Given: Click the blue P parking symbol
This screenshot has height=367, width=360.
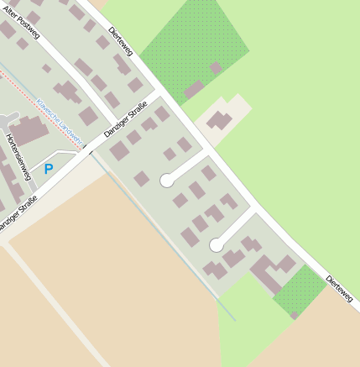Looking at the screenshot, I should tap(49, 169).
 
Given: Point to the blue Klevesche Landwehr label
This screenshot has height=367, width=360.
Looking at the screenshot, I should tap(58, 121).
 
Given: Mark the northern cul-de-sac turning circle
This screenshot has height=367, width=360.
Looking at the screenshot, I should tap(167, 180).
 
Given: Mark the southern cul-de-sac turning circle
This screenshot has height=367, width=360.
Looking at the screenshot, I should tap(217, 245).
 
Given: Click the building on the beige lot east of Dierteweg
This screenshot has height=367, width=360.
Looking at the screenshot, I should tap(221, 120).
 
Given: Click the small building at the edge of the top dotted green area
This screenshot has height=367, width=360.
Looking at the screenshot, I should tap(216, 68).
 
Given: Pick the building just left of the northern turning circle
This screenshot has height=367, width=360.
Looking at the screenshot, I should tap(142, 178).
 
